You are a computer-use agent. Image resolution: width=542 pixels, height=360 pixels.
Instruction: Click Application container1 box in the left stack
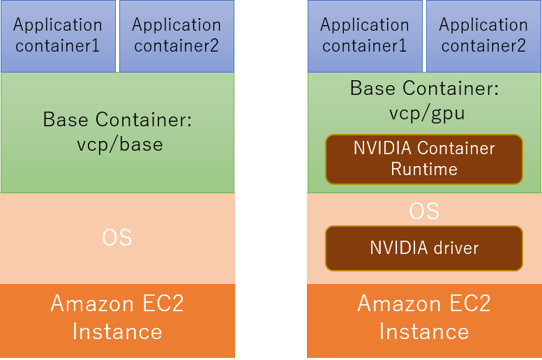coord(58,36)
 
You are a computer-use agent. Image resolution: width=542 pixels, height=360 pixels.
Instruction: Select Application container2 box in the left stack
coord(176,36)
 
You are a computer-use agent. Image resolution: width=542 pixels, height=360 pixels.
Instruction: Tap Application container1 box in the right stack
coord(365,36)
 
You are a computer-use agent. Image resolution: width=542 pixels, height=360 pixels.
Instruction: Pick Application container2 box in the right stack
coord(483,36)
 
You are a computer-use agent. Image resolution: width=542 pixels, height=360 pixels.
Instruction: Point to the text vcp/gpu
coord(424,113)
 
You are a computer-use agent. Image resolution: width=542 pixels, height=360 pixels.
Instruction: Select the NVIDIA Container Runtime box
coord(424,159)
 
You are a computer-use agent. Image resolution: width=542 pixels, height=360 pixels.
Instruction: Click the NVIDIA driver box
coord(424,248)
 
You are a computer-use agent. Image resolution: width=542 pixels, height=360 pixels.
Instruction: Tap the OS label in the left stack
coord(117,238)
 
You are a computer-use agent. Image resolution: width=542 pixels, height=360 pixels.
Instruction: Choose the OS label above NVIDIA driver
coord(424,211)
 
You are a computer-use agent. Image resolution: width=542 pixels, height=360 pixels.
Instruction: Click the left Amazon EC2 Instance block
coord(117,317)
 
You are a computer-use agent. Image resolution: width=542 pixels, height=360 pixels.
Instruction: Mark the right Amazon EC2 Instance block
coord(424,317)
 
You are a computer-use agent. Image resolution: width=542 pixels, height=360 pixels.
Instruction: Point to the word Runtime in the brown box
coord(424,169)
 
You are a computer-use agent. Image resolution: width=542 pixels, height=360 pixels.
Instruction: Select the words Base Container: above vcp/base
coord(117,119)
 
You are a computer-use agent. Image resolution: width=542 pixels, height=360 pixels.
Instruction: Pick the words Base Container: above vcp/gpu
coord(424,89)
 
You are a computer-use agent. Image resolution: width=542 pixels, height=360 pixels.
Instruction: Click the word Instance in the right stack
coord(424,331)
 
